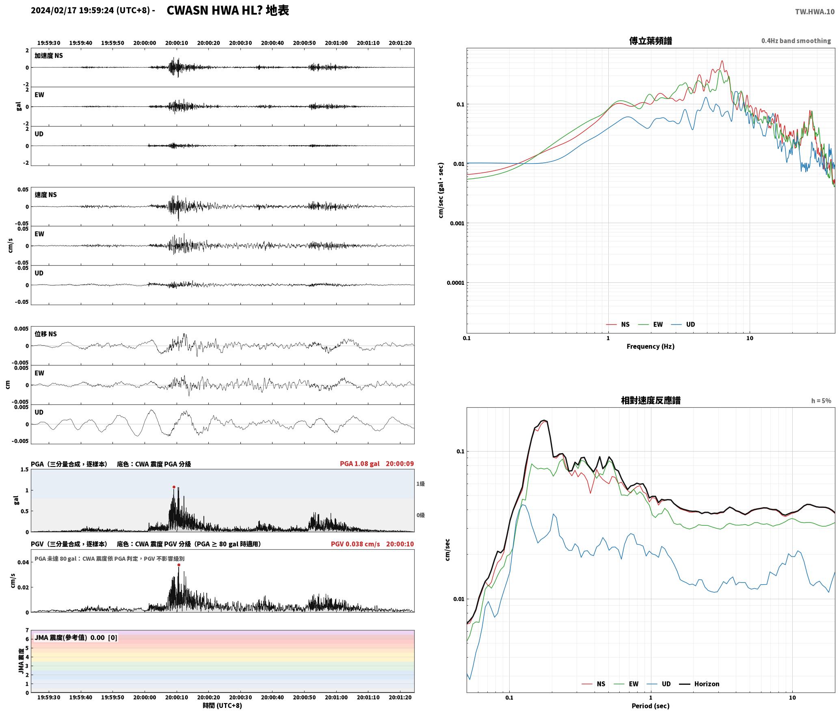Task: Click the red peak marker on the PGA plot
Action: coord(174,487)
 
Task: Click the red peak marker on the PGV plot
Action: coord(179,565)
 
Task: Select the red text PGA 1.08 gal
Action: coord(359,464)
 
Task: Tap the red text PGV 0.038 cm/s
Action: coord(355,544)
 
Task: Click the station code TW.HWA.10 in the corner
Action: coord(815,12)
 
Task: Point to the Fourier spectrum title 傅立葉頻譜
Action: coord(650,41)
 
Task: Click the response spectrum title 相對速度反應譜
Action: coord(651,400)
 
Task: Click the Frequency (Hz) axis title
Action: coord(650,346)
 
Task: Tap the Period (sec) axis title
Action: coord(650,706)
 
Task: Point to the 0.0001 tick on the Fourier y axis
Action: coord(455,283)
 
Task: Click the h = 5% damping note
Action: coord(821,401)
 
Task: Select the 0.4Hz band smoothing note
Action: coord(796,41)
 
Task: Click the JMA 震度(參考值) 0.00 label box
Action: coord(76,637)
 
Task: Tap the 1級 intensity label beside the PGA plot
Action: coord(420,484)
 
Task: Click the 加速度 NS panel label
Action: coord(49,56)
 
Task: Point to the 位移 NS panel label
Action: coord(45,334)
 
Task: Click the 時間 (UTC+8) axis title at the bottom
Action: coord(223,705)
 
